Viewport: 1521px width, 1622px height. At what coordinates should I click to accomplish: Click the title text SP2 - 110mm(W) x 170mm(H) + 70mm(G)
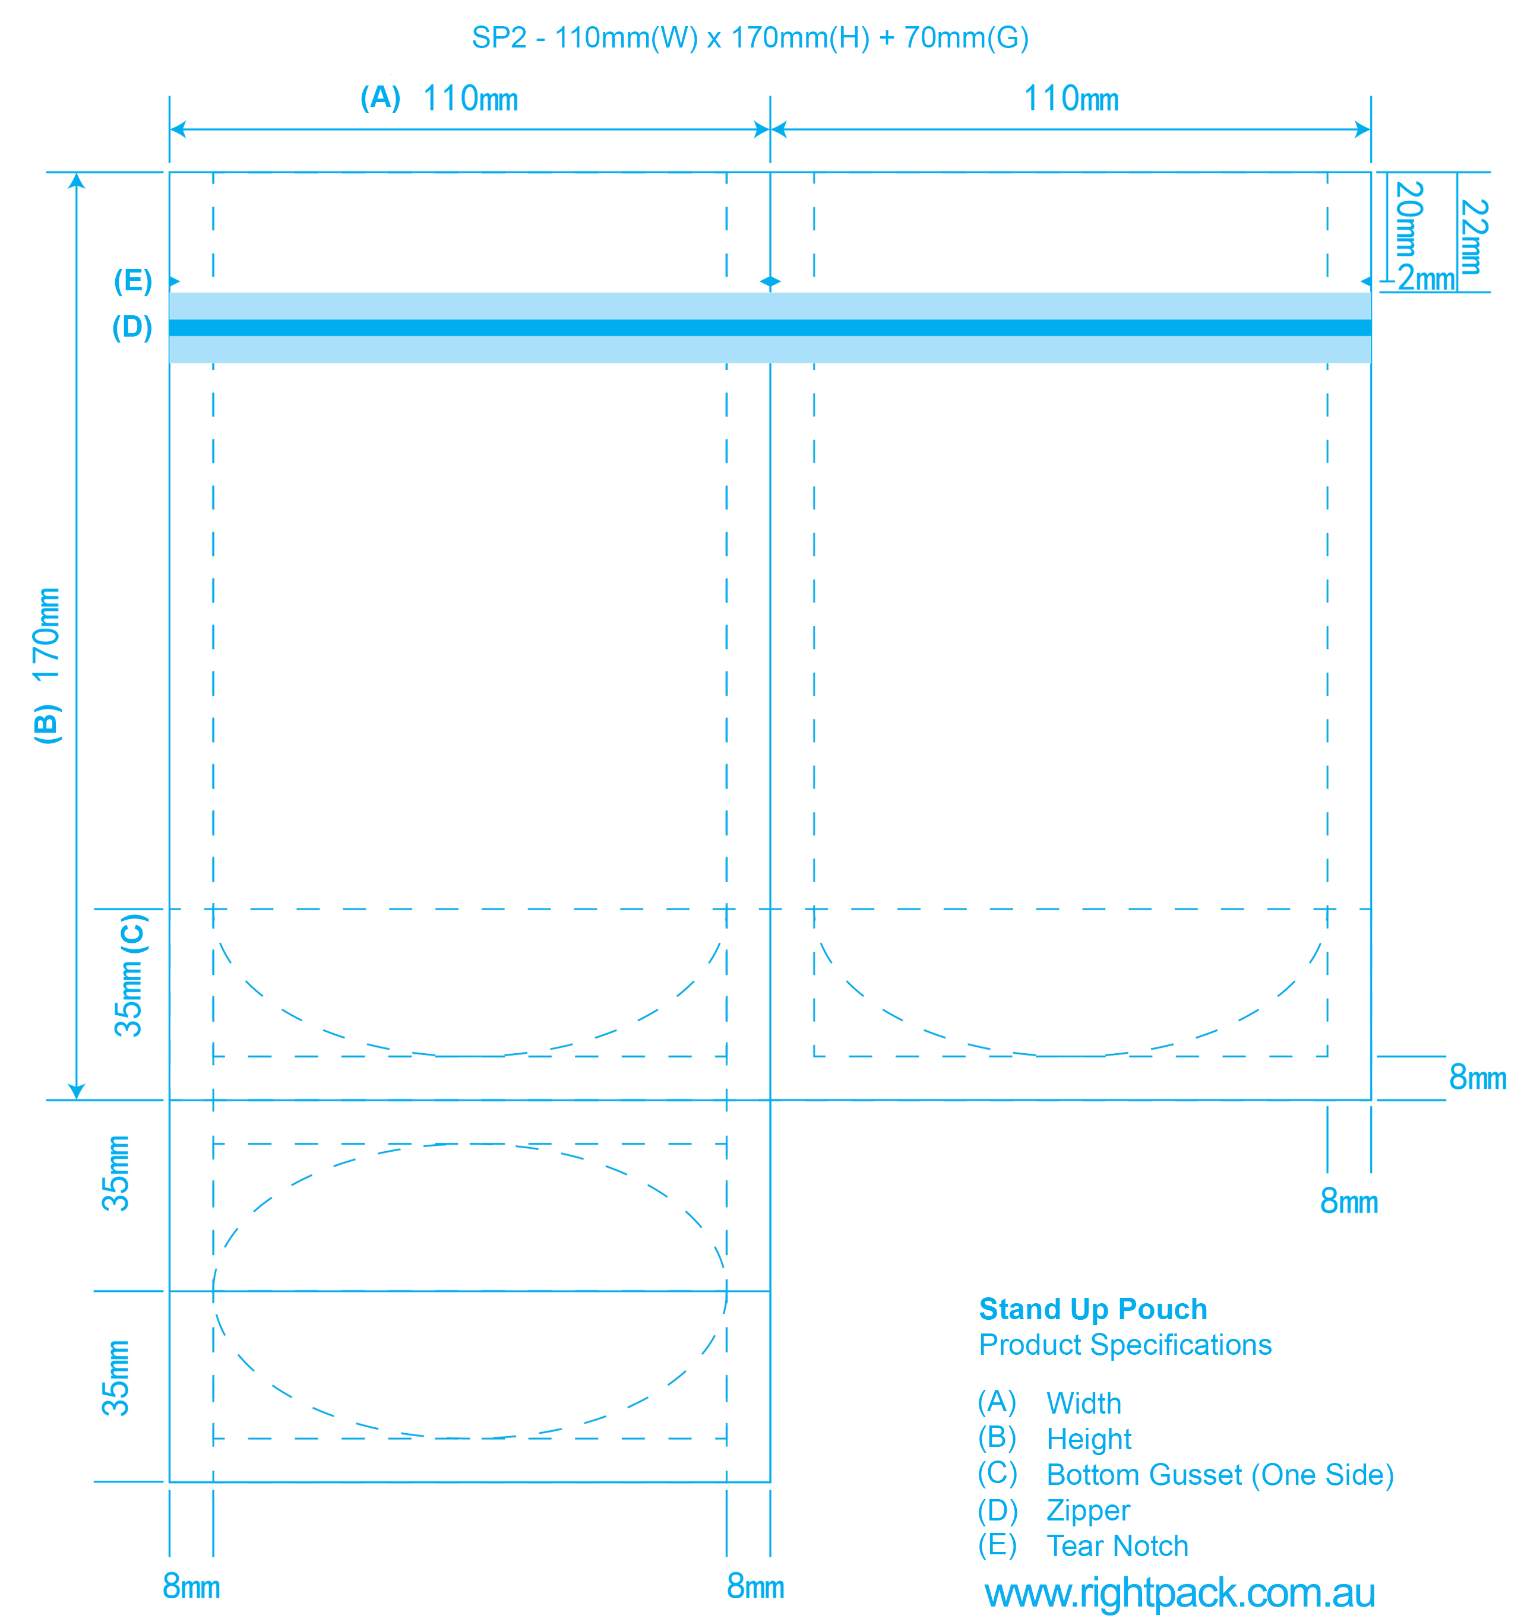(x=750, y=37)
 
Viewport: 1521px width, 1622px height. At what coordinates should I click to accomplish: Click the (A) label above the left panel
(x=380, y=98)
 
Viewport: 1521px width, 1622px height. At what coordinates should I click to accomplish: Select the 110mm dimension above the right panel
(x=1071, y=99)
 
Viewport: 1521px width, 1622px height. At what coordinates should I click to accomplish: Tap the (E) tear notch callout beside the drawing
(x=133, y=281)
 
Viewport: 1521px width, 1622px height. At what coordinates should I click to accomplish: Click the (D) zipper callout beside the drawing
(x=132, y=327)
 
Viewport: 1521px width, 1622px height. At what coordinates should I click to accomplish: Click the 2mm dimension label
(x=1427, y=279)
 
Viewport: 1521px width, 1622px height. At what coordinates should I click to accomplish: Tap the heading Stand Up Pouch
(x=1093, y=1309)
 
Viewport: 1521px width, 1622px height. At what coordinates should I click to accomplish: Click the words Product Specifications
(x=1125, y=1345)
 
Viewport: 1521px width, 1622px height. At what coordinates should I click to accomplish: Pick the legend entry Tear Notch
(x=1117, y=1546)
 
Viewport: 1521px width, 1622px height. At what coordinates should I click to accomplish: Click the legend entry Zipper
(x=1087, y=1510)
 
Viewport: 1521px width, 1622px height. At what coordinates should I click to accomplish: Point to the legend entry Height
(x=1089, y=1439)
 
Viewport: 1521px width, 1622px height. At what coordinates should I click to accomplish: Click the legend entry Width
(x=1084, y=1404)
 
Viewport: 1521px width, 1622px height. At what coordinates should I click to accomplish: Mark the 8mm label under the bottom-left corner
(x=191, y=1587)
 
